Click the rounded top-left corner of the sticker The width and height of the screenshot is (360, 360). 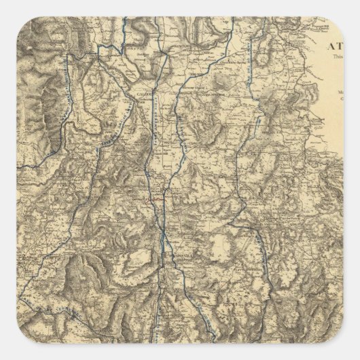[20, 20]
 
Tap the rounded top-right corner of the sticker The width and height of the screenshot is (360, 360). [340, 20]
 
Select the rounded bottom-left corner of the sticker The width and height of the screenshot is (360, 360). [20, 340]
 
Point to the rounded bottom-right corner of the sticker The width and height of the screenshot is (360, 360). [340, 340]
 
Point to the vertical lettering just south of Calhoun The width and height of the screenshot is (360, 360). [151, 122]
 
